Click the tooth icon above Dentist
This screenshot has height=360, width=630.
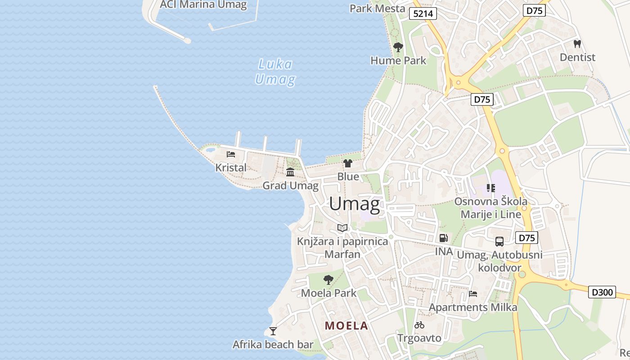point(577,44)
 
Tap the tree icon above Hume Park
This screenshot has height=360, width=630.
point(398,47)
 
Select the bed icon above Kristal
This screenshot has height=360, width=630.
point(231,154)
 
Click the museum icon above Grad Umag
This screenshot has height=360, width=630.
point(290,172)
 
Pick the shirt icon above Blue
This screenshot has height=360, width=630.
point(348,163)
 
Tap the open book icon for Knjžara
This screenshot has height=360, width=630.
point(342,228)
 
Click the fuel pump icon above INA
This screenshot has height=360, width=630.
point(444,238)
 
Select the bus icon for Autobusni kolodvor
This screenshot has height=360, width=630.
point(499,242)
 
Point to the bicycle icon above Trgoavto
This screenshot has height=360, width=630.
point(419,324)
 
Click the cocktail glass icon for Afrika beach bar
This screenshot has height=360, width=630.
point(273,331)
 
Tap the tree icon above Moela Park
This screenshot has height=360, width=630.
point(328,280)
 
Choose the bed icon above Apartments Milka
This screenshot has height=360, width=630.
point(473,294)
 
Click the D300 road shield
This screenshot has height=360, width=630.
point(602,292)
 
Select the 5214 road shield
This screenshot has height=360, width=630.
point(423,14)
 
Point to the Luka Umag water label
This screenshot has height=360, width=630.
point(275,72)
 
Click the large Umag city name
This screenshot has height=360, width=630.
point(354,204)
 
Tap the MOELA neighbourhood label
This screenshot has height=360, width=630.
point(346,326)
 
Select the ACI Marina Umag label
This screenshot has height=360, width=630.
point(203,5)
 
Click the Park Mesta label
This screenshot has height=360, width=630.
point(377,9)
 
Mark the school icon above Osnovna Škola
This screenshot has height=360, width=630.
point(490,188)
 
